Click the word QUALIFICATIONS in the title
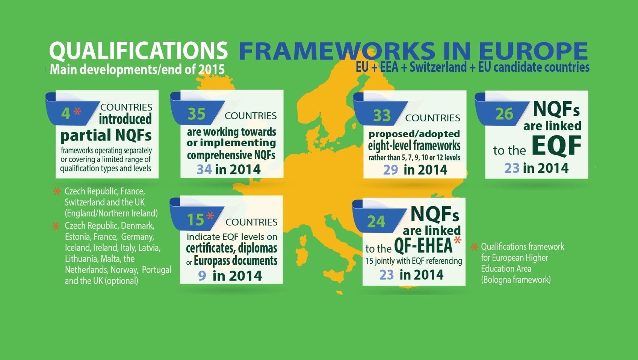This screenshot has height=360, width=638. pos(138,51)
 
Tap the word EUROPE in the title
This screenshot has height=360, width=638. pos(533,51)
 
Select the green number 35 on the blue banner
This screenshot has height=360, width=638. pos(197,114)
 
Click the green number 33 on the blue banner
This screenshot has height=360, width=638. pos(382,116)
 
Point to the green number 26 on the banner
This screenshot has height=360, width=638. pos(504,114)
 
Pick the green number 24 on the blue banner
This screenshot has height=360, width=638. pos(376,222)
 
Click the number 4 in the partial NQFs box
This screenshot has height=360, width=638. pos(65,113)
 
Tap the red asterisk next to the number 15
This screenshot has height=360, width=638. pos(210,216)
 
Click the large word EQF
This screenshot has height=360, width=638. pos(556,146)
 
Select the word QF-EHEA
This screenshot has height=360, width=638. pos(423,246)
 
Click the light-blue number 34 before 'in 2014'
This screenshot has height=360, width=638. pos(204,169)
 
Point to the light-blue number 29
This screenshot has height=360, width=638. pos(390,170)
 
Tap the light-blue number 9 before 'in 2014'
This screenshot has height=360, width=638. pos(202,276)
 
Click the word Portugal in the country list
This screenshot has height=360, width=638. pos(157,270)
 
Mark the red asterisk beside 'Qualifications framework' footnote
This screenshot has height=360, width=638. pos(474,247)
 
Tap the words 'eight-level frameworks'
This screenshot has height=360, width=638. pos(414,146)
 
